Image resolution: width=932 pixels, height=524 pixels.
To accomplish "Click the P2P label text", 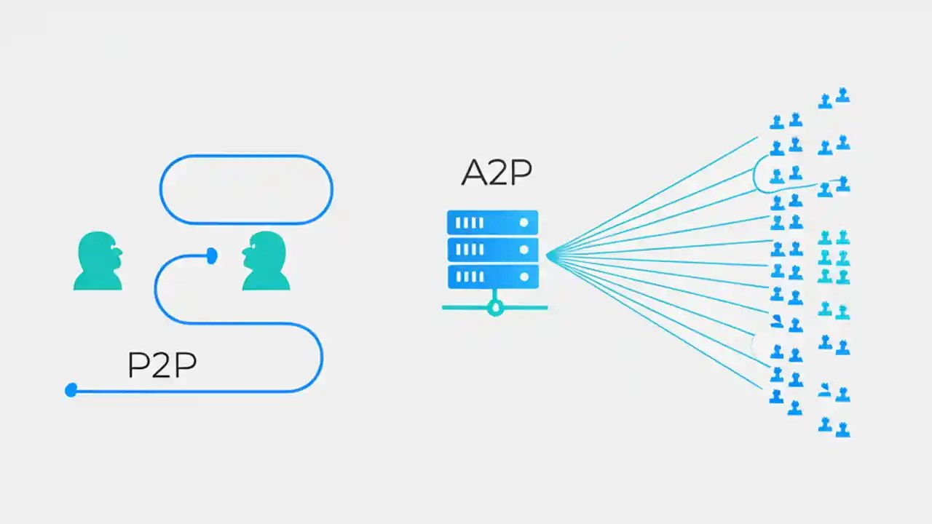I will [x=162, y=365].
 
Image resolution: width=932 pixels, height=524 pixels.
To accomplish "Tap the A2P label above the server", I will [x=497, y=172].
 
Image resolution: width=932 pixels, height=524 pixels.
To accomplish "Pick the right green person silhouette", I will [x=266, y=261].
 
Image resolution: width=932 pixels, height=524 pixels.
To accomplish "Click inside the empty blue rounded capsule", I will [x=246, y=189].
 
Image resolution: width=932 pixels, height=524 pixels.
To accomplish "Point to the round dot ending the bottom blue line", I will [x=71, y=391].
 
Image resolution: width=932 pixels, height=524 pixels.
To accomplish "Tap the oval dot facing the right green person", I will [x=212, y=255].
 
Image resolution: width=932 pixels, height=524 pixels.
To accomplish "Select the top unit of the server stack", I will [x=493, y=222].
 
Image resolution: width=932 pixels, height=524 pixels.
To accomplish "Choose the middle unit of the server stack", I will [x=493, y=249].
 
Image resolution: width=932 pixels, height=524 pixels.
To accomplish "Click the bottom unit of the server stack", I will [x=493, y=277].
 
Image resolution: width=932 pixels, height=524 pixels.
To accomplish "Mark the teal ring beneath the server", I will [x=495, y=309].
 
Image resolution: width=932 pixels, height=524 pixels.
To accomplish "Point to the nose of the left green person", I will [x=119, y=253].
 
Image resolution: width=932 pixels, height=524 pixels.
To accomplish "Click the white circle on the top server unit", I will [x=524, y=222].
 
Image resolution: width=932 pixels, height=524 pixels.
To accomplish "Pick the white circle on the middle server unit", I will [x=524, y=249].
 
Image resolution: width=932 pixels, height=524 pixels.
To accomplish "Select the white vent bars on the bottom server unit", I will [x=470, y=277].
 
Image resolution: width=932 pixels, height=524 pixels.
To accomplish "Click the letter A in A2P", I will [x=474, y=172].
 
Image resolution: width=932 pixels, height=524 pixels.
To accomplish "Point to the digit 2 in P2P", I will [x=162, y=365].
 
